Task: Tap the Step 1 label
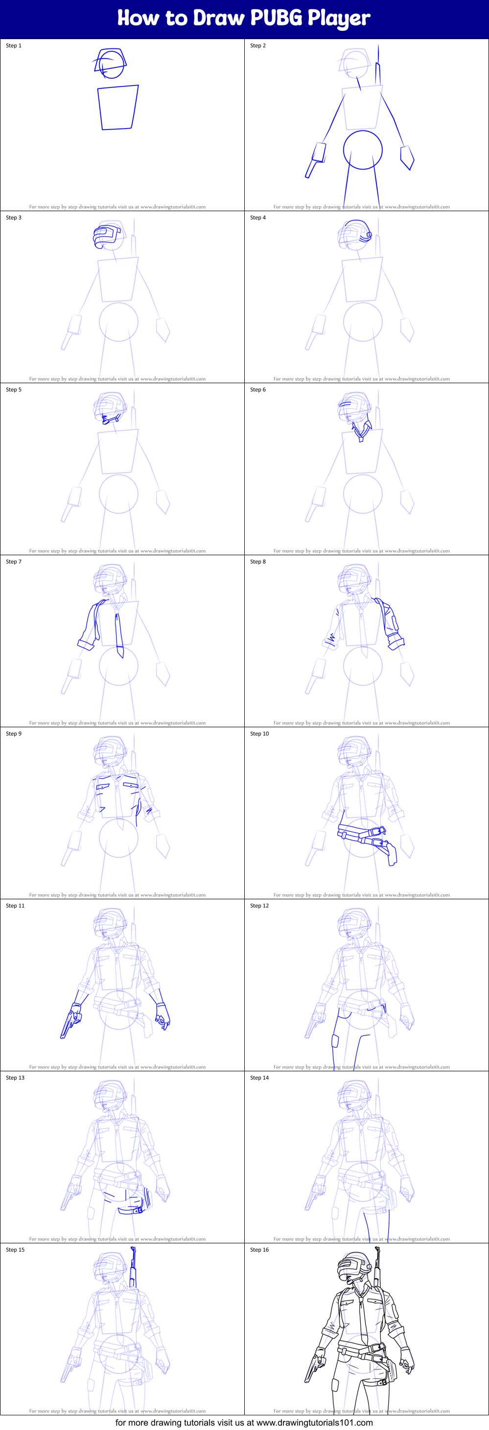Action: pyautogui.click(x=13, y=45)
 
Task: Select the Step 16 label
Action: pyautogui.click(x=259, y=1250)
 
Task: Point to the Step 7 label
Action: pyautogui.click(x=13, y=562)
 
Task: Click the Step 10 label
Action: pyautogui.click(x=259, y=734)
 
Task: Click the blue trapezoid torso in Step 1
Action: pyautogui.click(x=118, y=107)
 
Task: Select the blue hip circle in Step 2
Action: pyautogui.click(x=363, y=150)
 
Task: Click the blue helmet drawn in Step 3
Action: pyautogui.click(x=107, y=235)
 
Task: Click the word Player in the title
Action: pyautogui.click(x=338, y=18)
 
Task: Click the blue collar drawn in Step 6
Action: pyautogui.click(x=362, y=430)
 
